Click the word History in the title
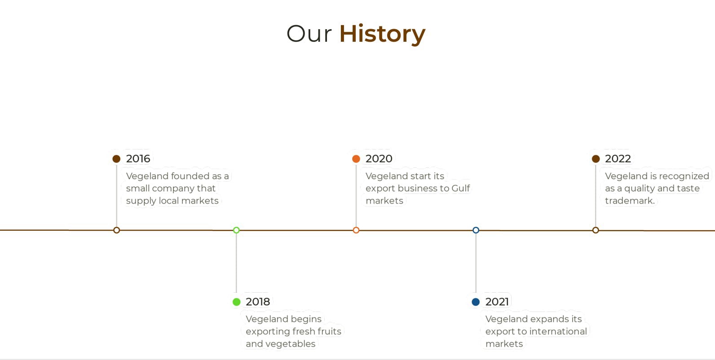coord(382,34)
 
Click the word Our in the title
coord(309,34)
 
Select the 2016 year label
coord(138,158)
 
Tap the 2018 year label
coord(258,302)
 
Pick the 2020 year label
coord(379,158)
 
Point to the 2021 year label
coord(497,302)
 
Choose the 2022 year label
coord(618,158)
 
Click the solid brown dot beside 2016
coord(116,158)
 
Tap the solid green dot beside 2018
coord(237,302)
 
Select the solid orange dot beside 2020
coord(356,158)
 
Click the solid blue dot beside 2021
coord(476,302)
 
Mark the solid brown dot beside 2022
coord(596,158)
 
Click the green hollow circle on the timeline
coord(236,227)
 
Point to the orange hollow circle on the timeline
coord(356,227)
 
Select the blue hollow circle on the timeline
coord(476,227)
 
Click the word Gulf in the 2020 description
coord(461,188)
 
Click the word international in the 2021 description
coord(558,331)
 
